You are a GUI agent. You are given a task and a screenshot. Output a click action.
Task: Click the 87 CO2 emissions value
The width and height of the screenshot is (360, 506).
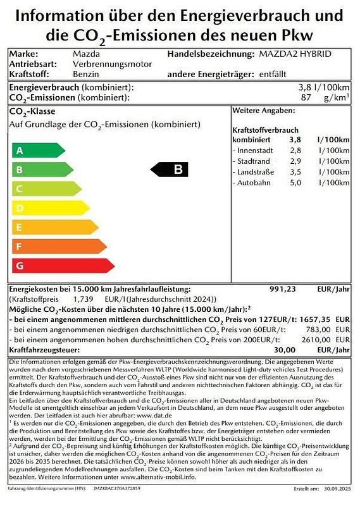pos(306,98)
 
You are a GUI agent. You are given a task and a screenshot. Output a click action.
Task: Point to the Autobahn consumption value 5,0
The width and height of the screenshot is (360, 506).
pos(295,183)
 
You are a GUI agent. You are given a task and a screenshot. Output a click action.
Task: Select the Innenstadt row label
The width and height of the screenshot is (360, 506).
pos(256,151)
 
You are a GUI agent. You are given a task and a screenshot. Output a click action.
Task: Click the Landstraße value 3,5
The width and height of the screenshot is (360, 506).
pos(295,172)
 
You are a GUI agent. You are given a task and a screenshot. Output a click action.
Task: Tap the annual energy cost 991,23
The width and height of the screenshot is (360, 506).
pos(282,288)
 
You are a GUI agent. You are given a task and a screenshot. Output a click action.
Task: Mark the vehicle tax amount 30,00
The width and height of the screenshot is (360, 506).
pos(285,350)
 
